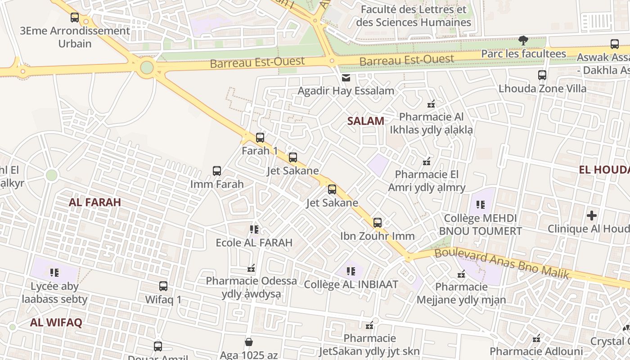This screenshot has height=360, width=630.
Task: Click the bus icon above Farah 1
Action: pyautogui.click(x=260, y=138)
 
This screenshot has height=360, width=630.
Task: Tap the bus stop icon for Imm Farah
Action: pyautogui.click(x=217, y=171)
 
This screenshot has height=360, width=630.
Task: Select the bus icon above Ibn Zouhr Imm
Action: pyautogui.click(x=378, y=223)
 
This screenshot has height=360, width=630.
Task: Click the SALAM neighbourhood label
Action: pyautogui.click(x=366, y=121)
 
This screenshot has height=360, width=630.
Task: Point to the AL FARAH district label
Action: pyautogui.click(x=95, y=202)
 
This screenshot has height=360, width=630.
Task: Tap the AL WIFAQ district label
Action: pyautogui.click(x=56, y=322)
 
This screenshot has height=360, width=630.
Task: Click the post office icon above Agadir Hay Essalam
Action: pyautogui.click(x=346, y=78)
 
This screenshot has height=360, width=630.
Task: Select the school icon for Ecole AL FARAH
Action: pyautogui.click(x=254, y=229)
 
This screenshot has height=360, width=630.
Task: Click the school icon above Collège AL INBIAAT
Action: pyautogui.click(x=351, y=271)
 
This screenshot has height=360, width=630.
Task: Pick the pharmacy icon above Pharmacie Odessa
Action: pyautogui.click(x=251, y=269)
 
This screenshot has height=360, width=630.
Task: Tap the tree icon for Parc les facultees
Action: pyautogui.click(x=523, y=41)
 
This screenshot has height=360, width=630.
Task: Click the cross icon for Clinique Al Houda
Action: pyautogui.click(x=592, y=216)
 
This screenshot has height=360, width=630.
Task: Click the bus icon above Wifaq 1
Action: pyautogui.click(x=163, y=286)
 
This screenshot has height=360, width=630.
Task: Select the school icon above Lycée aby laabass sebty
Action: pyautogui.click(x=54, y=273)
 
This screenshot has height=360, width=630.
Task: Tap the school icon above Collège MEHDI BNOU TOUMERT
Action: pyautogui.click(x=481, y=205)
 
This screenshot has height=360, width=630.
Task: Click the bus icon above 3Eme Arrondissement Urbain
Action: pyautogui.click(x=75, y=18)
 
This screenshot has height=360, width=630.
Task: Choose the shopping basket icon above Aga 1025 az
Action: pyautogui.click(x=249, y=342)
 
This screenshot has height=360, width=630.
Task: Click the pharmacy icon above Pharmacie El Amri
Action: pyautogui.click(x=427, y=161)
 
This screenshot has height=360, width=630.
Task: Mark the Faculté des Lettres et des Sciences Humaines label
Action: pyautogui.click(x=413, y=16)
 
